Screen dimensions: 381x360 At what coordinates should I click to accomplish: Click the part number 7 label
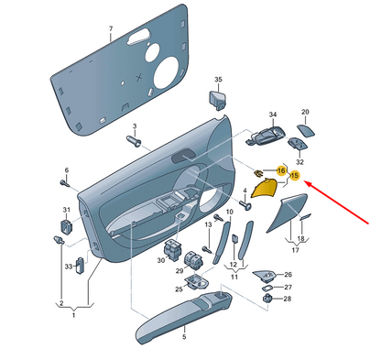(111, 28)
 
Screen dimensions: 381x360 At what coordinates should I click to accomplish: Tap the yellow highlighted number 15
(294, 176)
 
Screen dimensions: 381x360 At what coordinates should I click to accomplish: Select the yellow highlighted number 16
(281, 170)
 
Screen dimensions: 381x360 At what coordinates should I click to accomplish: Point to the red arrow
(337, 202)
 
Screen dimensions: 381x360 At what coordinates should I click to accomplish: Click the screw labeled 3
(134, 141)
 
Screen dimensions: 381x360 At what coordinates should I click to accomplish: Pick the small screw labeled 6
(65, 183)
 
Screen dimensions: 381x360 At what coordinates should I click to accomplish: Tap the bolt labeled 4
(245, 204)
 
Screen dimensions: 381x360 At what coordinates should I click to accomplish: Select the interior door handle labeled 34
(266, 136)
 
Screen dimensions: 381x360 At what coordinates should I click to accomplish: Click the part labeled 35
(217, 100)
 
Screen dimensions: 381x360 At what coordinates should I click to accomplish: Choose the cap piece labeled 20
(306, 131)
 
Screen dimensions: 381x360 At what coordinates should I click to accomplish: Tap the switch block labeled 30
(171, 248)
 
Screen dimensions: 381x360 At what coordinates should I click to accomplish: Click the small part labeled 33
(81, 266)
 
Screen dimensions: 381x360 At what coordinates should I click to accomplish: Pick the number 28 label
(288, 299)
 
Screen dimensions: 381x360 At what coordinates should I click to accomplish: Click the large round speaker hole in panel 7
(167, 72)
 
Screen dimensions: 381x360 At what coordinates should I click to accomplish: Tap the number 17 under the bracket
(295, 250)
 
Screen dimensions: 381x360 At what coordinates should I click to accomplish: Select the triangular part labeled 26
(265, 275)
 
